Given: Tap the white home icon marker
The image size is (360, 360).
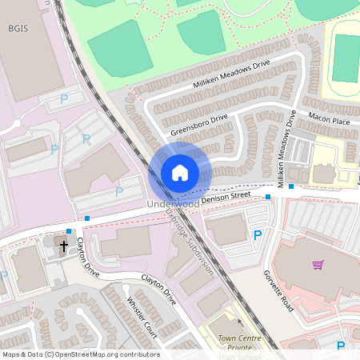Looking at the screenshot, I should coord(179,173).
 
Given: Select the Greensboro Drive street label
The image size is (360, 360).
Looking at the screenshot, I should coord(199,122).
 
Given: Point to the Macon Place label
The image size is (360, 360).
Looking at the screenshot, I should coord(331,121).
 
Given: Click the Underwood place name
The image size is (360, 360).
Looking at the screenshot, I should coord(174,204).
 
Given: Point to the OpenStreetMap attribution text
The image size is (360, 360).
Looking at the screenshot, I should coord(80,354).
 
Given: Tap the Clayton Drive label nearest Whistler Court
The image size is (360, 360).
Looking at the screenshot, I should coord(158,290).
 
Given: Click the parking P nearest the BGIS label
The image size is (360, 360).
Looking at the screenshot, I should coord(64,99).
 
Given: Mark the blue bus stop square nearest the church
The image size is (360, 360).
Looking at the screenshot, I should coord(69,230).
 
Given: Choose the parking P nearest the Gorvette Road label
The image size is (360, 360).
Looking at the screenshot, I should coord(257,234).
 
